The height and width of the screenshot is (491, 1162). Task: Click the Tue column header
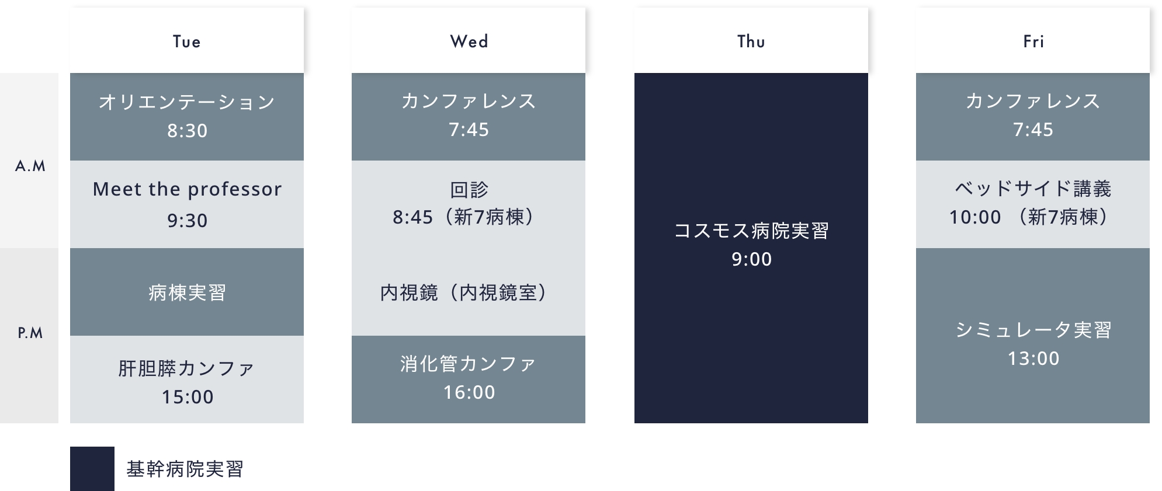coord(187,40)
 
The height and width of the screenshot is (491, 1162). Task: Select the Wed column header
coord(469,40)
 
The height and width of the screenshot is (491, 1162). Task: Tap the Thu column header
coord(751,40)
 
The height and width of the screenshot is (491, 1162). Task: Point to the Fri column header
coord(1033,40)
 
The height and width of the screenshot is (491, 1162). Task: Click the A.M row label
coord(30,166)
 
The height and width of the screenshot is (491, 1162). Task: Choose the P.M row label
coord(30,333)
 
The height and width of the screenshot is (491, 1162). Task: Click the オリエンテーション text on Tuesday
coord(187,102)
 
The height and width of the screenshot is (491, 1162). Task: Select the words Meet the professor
coord(187,189)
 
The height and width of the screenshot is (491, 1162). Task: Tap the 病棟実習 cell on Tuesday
coord(187,292)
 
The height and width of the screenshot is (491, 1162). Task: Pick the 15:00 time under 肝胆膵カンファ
coord(188,397)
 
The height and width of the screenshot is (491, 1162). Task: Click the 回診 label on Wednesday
coord(469,189)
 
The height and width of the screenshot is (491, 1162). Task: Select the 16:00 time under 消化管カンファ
coord(469,392)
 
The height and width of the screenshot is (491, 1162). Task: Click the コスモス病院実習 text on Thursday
coord(751,231)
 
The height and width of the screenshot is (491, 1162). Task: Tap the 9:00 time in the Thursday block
coord(752,259)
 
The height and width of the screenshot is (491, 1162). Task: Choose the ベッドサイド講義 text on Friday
coord(1033,189)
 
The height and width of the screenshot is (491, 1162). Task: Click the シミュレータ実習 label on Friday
coord(1033,330)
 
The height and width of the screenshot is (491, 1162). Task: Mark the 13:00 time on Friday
coord(1033,358)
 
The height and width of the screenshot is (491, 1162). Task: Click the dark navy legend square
coord(92,469)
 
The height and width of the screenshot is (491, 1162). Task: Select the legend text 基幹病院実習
coord(185,469)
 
